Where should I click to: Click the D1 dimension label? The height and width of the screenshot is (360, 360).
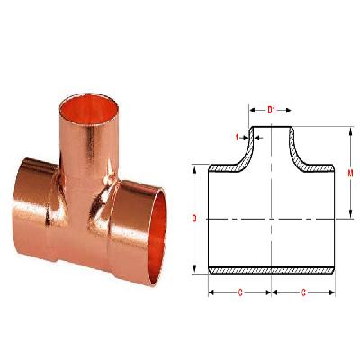(272, 109)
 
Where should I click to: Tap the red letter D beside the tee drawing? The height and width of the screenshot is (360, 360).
(194, 219)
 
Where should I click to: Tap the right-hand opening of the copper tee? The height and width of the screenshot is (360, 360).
(158, 220)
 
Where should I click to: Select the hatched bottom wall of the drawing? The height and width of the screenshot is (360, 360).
(272, 270)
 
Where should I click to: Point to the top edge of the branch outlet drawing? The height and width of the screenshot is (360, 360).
(272, 127)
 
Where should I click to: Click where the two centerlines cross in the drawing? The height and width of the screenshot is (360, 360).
(272, 219)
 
